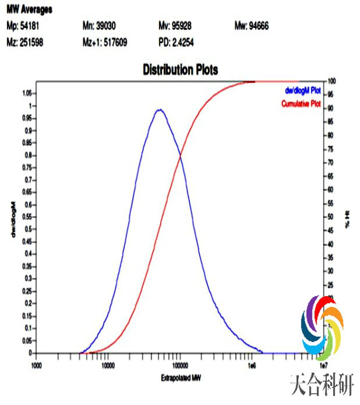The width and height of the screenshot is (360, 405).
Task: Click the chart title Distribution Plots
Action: (x=180, y=70)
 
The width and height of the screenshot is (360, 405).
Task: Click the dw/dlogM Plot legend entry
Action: (x=301, y=90)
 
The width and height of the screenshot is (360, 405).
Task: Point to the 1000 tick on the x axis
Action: (x=36, y=365)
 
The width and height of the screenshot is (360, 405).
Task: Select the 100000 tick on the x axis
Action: (x=180, y=365)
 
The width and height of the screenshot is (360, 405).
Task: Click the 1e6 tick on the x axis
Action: (x=252, y=365)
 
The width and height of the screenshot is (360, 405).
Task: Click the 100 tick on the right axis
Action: (x=332, y=81)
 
